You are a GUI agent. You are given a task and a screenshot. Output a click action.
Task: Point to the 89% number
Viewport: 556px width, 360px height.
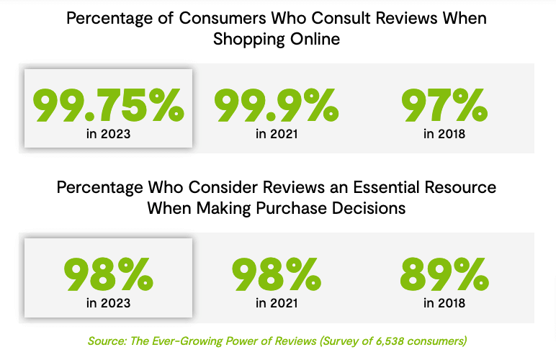444,273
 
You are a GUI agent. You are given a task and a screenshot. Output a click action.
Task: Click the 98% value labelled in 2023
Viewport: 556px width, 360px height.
108,273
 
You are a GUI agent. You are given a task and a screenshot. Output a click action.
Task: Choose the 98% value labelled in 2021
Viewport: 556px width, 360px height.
277,273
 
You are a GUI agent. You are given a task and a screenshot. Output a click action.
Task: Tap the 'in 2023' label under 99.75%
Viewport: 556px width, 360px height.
108,133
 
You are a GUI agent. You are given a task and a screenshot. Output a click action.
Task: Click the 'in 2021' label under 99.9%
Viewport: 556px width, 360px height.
277,133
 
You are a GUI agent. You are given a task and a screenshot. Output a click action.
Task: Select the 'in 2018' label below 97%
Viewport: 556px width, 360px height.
444,133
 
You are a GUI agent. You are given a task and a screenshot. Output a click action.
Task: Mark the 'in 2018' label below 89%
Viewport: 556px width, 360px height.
444,303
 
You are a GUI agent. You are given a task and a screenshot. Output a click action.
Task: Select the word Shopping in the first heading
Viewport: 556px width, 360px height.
244,39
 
